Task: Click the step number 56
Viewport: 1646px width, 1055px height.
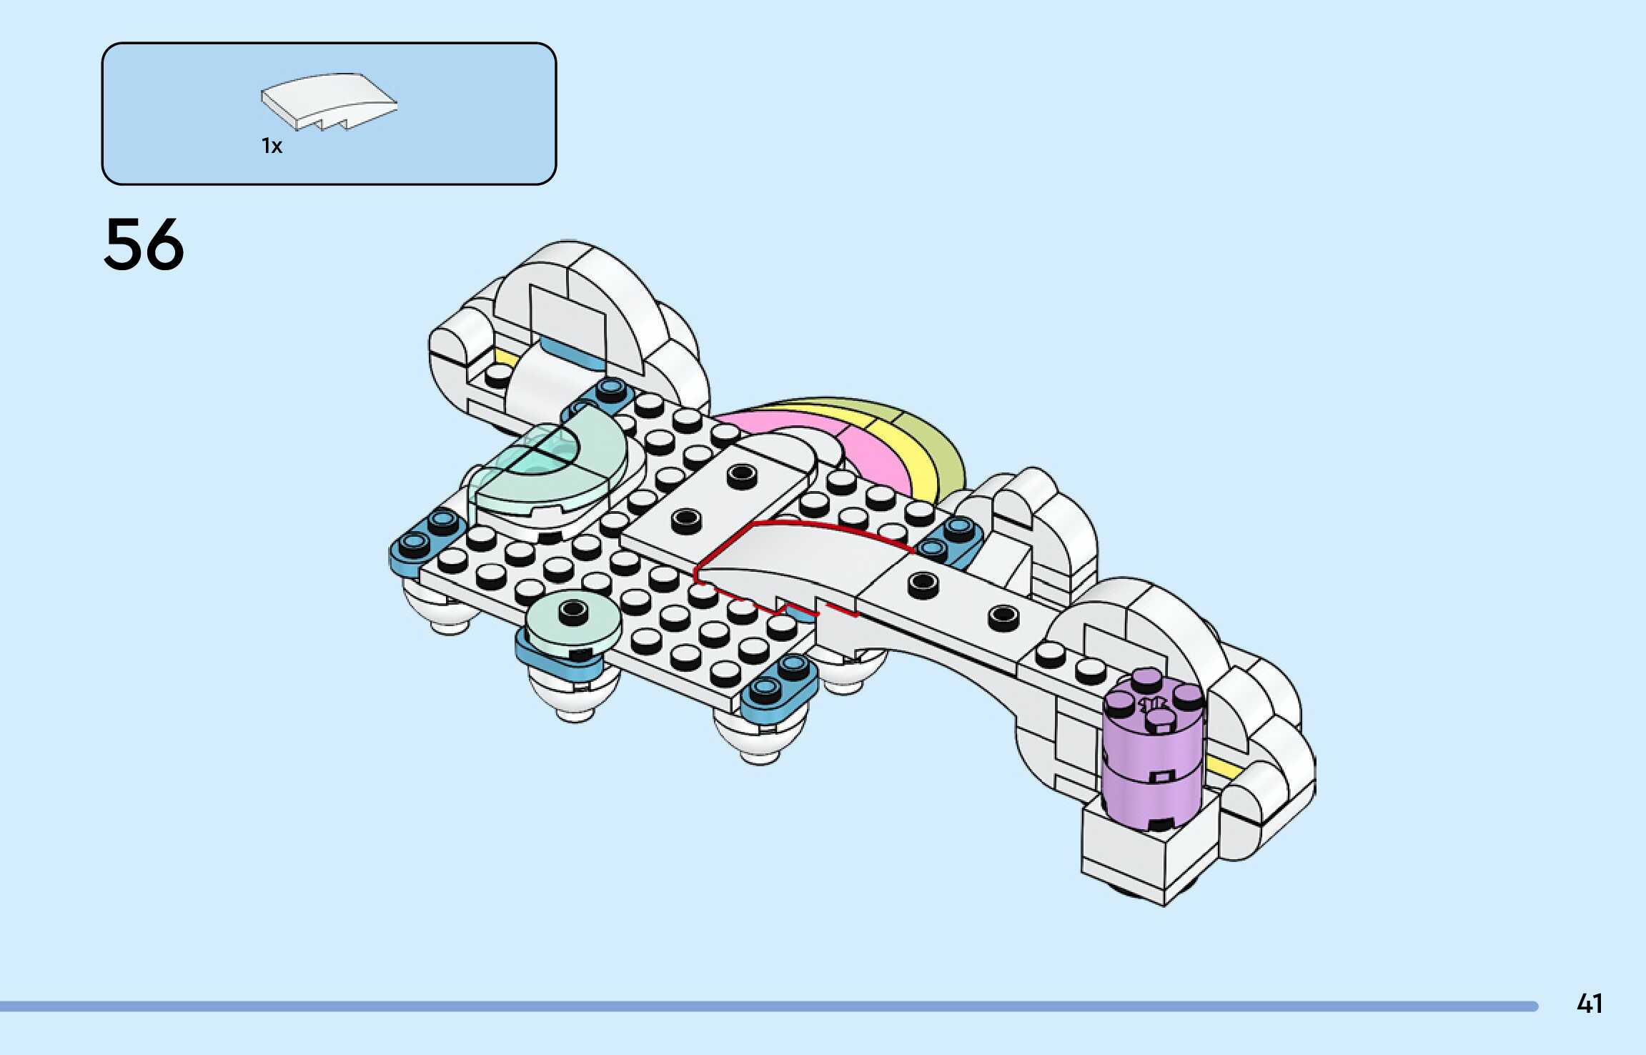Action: [144, 244]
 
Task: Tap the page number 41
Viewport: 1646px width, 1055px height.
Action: [1590, 1004]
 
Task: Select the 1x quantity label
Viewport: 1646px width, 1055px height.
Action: [272, 147]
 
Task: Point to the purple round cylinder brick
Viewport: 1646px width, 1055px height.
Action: [1151, 758]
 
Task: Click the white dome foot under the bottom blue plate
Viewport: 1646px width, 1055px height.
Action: [761, 740]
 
